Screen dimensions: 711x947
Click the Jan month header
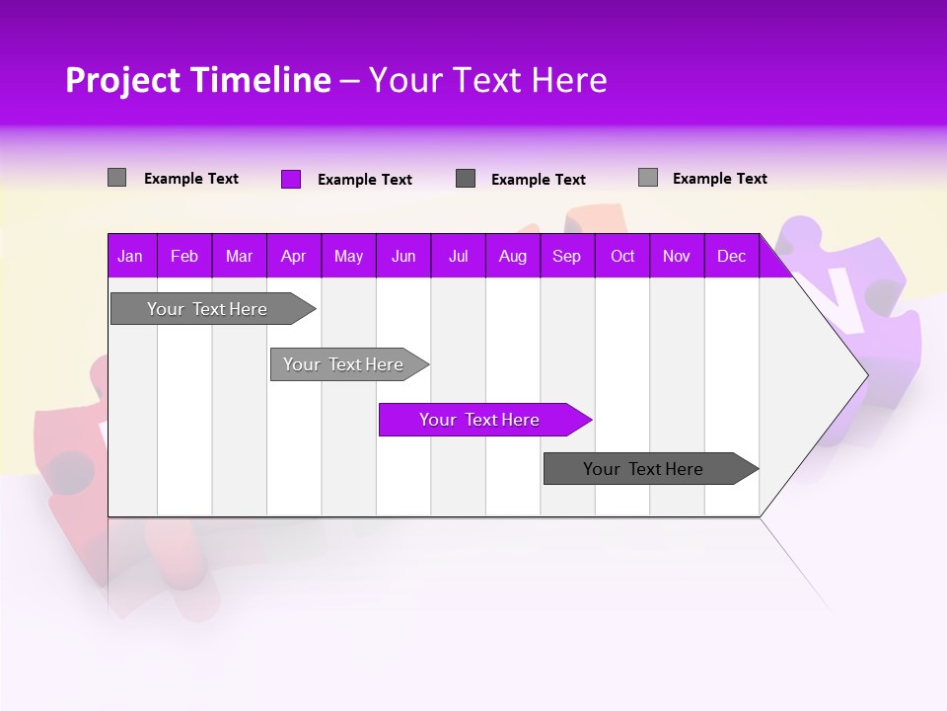(130, 256)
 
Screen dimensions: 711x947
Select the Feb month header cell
(184, 256)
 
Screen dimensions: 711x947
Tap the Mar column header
(239, 256)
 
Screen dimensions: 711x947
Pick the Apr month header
(294, 256)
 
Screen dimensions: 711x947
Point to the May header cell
(348, 256)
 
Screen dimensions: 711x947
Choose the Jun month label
(403, 256)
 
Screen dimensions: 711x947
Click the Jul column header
(458, 256)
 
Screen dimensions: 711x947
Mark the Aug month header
(513, 256)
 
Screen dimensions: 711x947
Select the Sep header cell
(567, 256)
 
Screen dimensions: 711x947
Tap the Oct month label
(622, 256)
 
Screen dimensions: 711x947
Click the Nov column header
(677, 256)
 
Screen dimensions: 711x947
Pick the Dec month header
(732, 256)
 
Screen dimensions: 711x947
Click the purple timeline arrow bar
(479, 420)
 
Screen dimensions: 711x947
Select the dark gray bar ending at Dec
(643, 469)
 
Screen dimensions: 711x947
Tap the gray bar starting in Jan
(207, 309)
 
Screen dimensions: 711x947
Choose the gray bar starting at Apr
(343, 364)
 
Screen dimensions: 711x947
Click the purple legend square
(291, 179)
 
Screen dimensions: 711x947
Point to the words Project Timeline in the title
(197, 80)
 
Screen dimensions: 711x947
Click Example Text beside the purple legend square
(365, 180)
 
